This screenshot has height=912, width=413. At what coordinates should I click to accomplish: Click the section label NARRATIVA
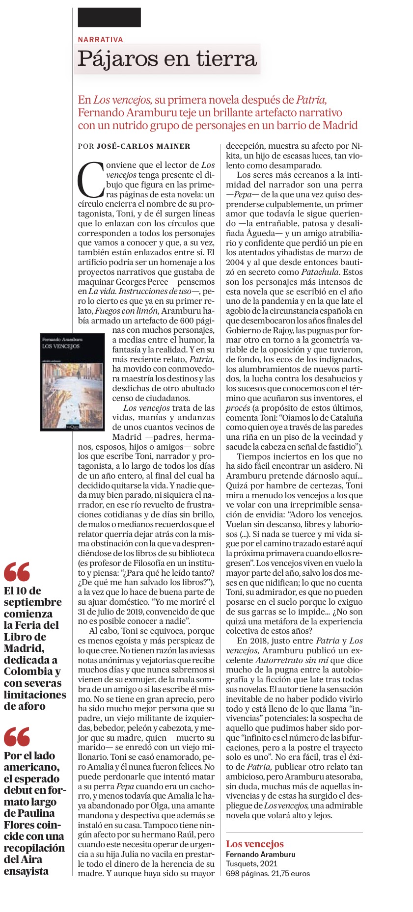pyautogui.click(x=100, y=39)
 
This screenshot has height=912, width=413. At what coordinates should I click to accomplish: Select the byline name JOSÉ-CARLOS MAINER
pyautogui.click(x=143, y=146)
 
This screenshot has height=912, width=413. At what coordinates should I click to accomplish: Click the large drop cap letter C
pyautogui.click(x=91, y=180)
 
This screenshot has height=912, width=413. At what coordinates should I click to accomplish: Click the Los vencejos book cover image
pyautogui.click(x=72, y=382)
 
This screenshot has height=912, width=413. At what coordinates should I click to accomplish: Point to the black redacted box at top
pyautogui.click(x=109, y=17)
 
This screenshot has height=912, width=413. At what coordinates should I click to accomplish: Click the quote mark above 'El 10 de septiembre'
pyautogui.click(x=17, y=571)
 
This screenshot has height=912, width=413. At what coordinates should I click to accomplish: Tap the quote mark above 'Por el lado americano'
pyautogui.click(x=17, y=737)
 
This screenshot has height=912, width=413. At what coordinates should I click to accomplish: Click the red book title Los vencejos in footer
pyautogui.click(x=254, y=844)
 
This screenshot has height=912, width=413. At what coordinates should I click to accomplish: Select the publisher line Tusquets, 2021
pyautogui.click(x=251, y=863)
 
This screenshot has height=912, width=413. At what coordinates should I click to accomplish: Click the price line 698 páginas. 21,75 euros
pyautogui.click(x=268, y=873)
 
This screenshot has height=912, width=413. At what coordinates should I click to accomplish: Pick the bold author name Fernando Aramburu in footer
pyautogui.click(x=260, y=854)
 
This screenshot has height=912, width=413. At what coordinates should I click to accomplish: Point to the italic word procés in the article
pyautogui.click(x=239, y=408)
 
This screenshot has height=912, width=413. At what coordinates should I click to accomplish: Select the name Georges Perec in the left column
pyautogui.click(x=145, y=282)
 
